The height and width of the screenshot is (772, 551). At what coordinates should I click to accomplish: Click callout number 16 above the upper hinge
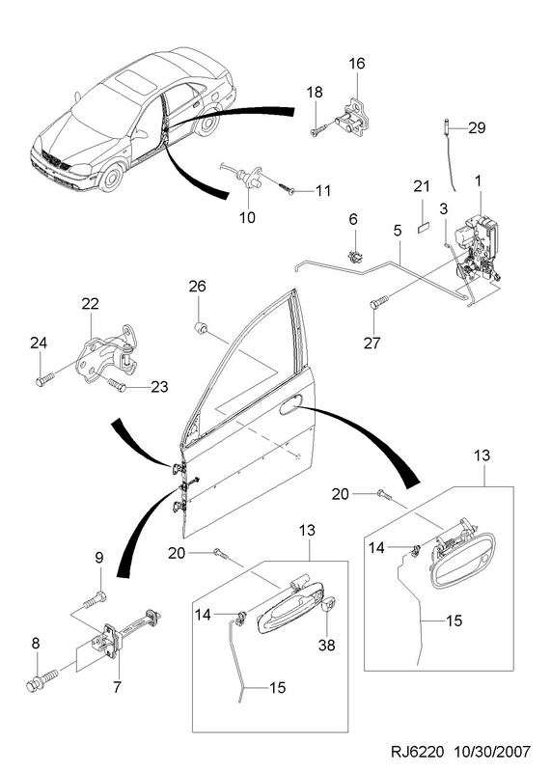357,64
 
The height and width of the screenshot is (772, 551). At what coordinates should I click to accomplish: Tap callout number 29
477,128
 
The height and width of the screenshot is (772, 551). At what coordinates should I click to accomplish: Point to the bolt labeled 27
379,301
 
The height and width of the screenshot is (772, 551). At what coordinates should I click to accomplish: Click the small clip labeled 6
353,257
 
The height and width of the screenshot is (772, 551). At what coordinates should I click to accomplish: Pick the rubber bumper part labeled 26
201,327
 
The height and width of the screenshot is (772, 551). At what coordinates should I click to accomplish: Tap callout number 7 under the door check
117,687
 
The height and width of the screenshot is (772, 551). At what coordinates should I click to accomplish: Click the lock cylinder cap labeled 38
328,604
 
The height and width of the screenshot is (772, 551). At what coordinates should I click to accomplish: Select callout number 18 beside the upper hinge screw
315,92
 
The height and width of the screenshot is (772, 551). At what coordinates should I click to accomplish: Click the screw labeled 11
286,188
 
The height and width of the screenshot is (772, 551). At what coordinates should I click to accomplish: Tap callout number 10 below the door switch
247,216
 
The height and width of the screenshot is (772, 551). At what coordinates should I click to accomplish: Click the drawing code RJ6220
418,752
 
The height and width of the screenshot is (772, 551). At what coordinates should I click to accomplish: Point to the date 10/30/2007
492,752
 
